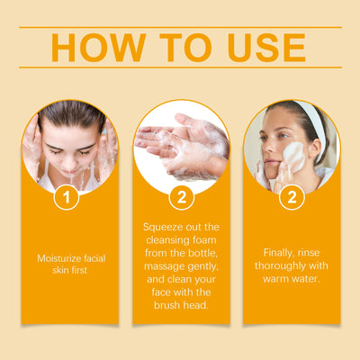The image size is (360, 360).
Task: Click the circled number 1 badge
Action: point(66,195)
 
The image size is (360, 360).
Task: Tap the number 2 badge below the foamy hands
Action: point(181,195)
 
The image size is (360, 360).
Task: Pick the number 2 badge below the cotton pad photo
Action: point(291,195)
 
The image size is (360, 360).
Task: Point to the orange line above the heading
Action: point(180,28)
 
